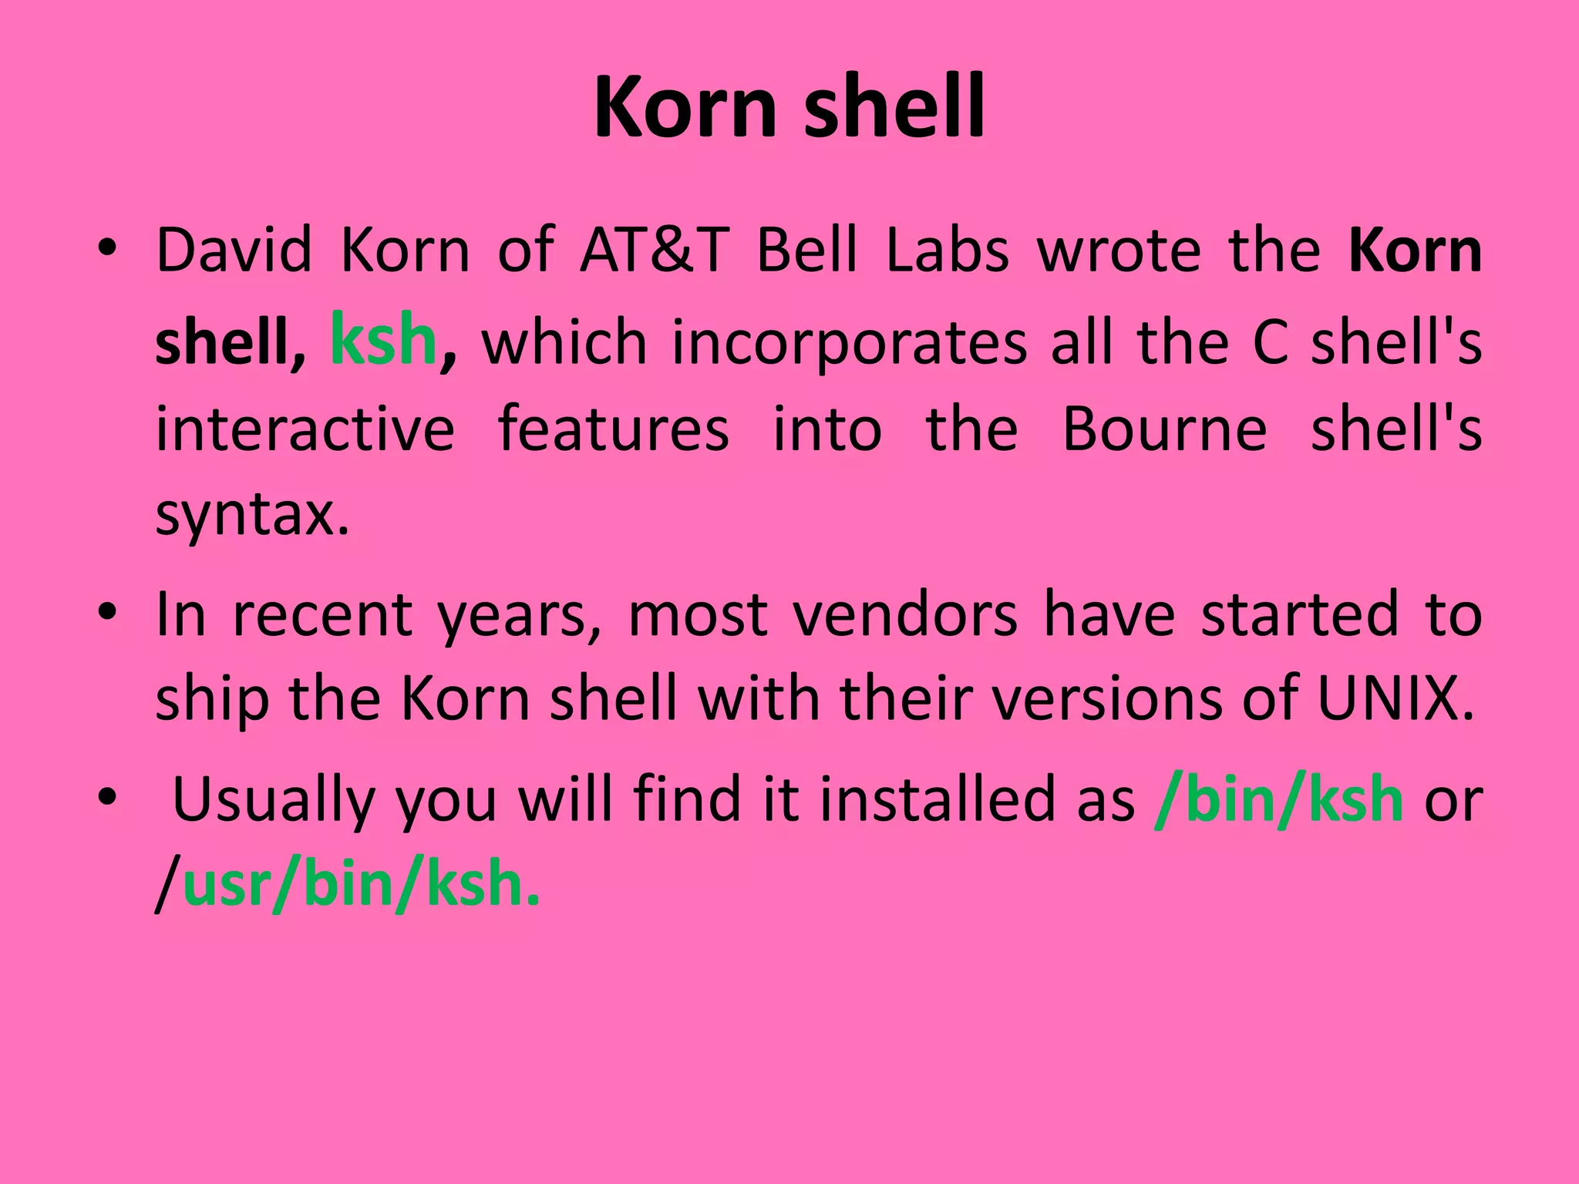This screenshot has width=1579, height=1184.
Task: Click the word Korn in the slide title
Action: pos(684,108)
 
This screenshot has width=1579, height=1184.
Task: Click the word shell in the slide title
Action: pos(894,108)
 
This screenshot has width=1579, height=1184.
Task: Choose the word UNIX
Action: pos(1396,698)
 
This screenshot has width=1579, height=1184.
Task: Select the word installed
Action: pos(977,799)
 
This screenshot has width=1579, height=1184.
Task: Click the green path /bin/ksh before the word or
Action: pos(1278,800)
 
